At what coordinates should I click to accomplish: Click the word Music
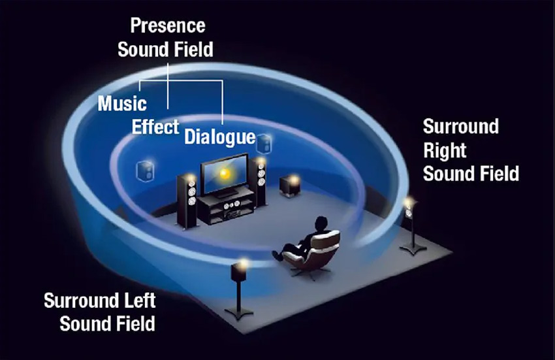pos(122,103)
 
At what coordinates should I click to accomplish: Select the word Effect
pos(155,126)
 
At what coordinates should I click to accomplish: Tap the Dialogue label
pos(219,137)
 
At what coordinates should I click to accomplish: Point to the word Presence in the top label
pos(168,25)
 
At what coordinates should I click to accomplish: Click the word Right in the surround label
pos(445,150)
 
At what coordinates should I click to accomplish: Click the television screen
pos(224,175)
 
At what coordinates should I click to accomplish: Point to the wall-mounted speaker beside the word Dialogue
pos(264,143)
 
